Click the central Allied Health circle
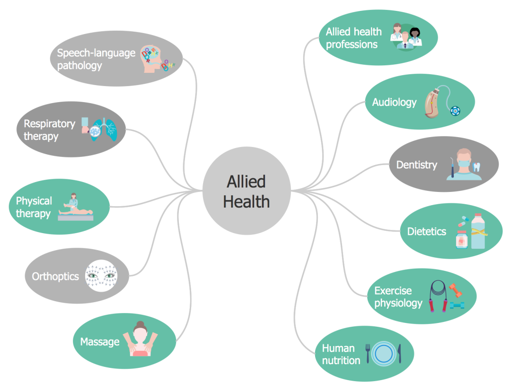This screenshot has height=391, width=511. tap(247, 191)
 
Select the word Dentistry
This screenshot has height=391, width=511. tap(416, 165)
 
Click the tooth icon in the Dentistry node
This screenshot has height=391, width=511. tap(477, 166)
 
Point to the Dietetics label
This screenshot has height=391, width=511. tap(426, 231)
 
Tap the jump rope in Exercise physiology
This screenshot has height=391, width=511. tap(438, 296)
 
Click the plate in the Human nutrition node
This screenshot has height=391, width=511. tap(383, 353)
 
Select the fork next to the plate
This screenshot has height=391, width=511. tap(368, 353)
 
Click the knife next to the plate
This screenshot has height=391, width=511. tap(399, 353)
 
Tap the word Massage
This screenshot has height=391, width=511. tap(99, 341)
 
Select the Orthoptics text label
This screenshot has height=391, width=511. tap(55, 276)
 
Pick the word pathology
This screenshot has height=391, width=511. tap(79, 65)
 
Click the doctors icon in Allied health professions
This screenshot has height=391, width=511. tap(405, 37)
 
